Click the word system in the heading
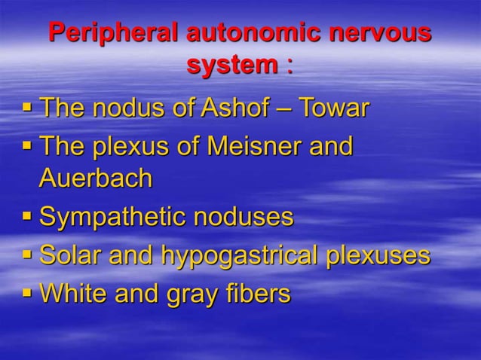point(231,66)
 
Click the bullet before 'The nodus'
point(26,108)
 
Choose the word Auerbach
point(96,178)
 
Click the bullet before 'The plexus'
point(26,145)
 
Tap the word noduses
point(244,218)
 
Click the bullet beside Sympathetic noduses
point(26,218)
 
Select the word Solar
point(72,255)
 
